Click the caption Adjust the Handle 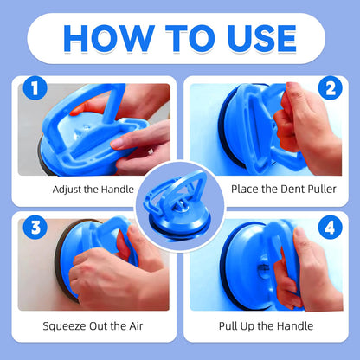[93, 187]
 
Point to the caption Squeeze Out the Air [93, 326]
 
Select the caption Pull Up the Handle [266, 326]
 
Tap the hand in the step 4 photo [299, 273]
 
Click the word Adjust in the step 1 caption [67, 188]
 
